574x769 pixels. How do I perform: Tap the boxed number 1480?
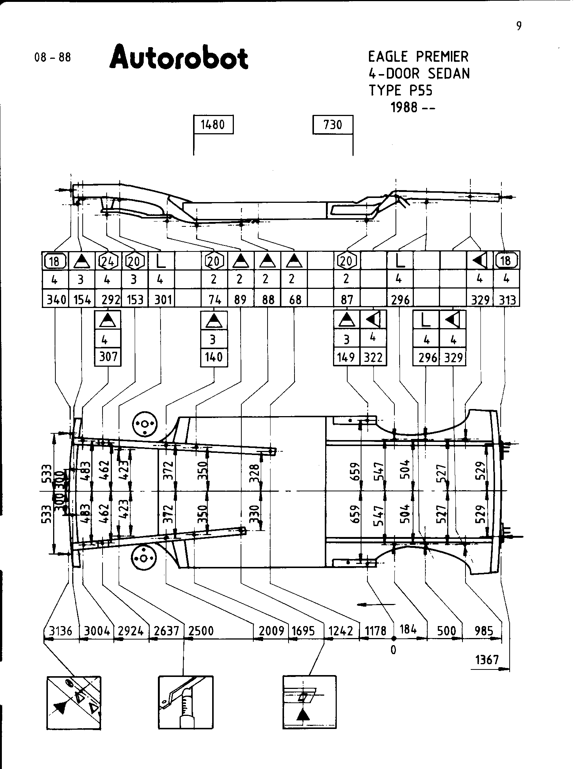coord(213,125)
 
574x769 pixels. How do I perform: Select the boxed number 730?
coord(333,125)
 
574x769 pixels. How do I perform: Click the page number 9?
coord(519,26)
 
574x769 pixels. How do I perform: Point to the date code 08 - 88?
coord(52,58)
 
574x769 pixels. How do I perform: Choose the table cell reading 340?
coord(55,300)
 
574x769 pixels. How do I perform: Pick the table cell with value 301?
coord(161,300)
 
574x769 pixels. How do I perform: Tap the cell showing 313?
coord(507,300)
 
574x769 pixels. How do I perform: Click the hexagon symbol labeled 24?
coord(108,261)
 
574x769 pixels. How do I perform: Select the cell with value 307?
coord(108,357)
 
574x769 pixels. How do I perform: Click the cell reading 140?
coord(214,357)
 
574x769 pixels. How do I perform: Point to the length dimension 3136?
coord(61,631)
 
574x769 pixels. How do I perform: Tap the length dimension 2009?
coord(272,631)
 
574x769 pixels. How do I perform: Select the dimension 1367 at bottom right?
coord(487,660)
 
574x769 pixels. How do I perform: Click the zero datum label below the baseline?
coord(393,650)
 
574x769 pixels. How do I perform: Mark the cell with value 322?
coord(373,357)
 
